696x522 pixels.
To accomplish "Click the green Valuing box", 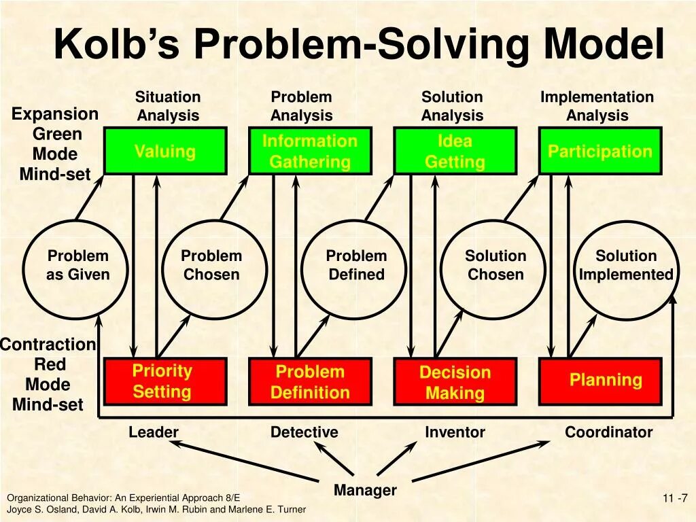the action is click(x=164, y=151).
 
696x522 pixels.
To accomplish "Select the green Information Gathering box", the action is click(x=310, y=151).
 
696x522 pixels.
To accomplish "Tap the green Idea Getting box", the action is click(x=455, y=151).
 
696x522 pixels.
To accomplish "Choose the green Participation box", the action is click(x=599, y=151).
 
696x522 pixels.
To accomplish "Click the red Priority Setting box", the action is click(x=164, y=381).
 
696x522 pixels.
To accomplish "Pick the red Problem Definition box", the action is click(x=310, y=381).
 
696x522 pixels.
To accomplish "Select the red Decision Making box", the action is click(x=455, y=381).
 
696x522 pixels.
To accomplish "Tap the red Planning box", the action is click(x=599, y=381).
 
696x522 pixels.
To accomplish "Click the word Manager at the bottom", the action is click(x=365, y=490).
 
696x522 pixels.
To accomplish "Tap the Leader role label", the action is click(x=154, y=432).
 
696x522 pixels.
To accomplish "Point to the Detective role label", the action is click(x=304, y=432).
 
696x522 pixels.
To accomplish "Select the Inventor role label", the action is click(x=455, y=432).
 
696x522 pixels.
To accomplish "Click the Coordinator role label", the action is click(x=608, y=432).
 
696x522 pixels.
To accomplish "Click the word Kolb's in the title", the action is click(x=118, y=45).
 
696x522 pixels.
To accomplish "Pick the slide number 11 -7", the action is click(x=675, y=498).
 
